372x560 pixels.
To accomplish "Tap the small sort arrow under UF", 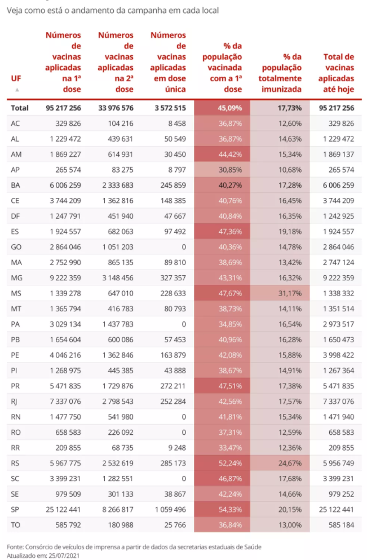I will tap(17, 90).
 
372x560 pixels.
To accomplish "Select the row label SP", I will tap(15, 509).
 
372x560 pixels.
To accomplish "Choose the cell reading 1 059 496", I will tap(167, 509).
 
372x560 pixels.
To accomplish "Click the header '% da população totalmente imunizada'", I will tap(280, 73).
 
